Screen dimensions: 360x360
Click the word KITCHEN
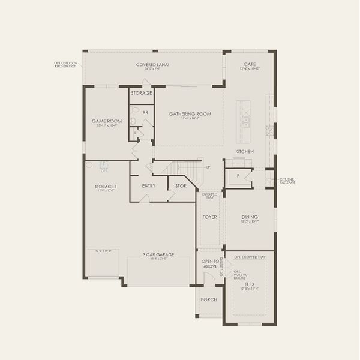[244, 151]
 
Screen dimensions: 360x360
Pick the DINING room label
[250, 217]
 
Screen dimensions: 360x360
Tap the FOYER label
[209, 217]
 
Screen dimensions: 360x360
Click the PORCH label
[209, 299]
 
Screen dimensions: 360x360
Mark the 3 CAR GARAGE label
[158, 254]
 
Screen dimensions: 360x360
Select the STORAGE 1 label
[106, 187]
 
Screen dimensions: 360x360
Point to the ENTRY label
[149, 185]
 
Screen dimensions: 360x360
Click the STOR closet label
[181, 186]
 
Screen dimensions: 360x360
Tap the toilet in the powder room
[135, 111]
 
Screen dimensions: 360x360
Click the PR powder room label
[145, 112]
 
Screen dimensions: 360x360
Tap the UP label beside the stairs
[208, 167]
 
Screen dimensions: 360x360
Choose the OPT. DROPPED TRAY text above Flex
[250, 256]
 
